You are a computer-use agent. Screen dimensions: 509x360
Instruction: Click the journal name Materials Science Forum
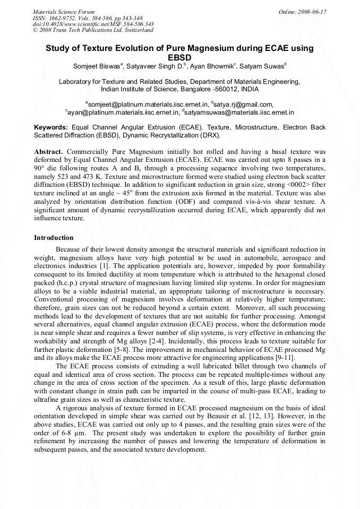pos(64,11)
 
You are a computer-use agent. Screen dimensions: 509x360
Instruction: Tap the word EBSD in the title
pos(179,57)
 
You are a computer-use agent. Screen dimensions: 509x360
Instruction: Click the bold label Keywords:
pos(51,128)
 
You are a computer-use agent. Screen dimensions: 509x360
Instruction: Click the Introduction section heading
pos(54,237)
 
